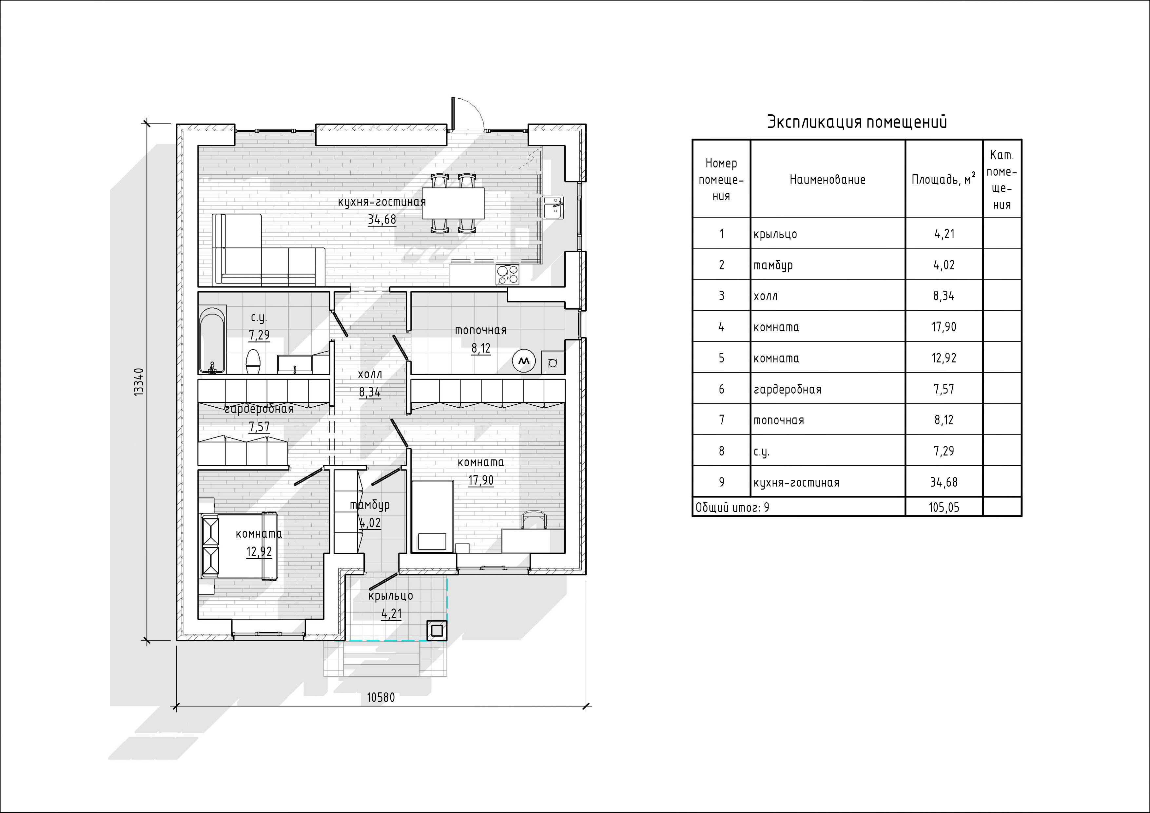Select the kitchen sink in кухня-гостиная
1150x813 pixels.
click(x=554, y=207)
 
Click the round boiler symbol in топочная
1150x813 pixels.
click(x=524, y=361)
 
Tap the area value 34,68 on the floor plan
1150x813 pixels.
click(x=382, y=220)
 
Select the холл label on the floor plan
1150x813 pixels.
click(x=370, y=374)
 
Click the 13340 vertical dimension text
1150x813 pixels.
click(x=139, y=382)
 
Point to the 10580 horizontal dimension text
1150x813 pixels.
click(x=381, y=697)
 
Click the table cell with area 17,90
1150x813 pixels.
click(x=944, y=327)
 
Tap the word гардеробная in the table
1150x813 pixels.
click(x=788, y=389)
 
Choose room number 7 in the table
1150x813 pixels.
click(x=721, y=420)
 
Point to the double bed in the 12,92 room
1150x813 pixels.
click(x=238, y=546)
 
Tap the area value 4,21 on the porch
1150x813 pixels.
click(x=391, y=614)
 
